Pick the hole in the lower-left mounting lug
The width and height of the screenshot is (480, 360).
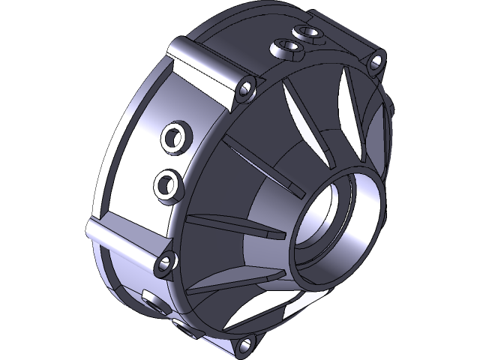pyautogui.click(x=164, y=262)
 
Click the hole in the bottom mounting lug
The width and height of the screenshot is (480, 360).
pyautogui.click(x=242, y=346)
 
